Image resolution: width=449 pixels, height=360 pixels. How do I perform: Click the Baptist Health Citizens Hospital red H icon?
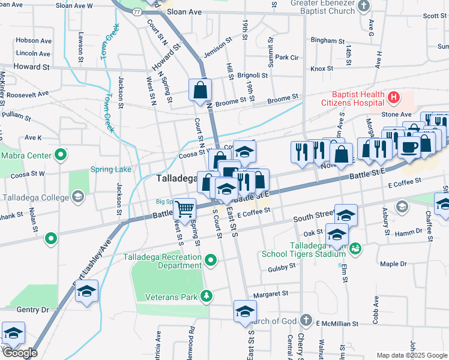[x=394, y=97]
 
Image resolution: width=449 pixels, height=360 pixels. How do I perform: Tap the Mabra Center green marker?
[x=60, y=155]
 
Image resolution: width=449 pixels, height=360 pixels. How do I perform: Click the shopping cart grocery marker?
[x=185, y=209]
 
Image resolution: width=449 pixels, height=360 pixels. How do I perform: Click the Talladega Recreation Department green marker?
[x=210, y=260]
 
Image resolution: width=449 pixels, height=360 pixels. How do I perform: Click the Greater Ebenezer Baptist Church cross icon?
[x=363, y=6]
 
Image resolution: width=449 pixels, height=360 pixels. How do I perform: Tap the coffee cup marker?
[x=409, y=147]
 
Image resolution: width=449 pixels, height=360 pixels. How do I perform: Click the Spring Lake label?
[x=110, y=170]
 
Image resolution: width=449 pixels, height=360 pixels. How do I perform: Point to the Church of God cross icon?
[x=306, y=319]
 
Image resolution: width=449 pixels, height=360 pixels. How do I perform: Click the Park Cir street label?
[x=287, y=58]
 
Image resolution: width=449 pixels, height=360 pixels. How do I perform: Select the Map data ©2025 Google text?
[x=412, y=355]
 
